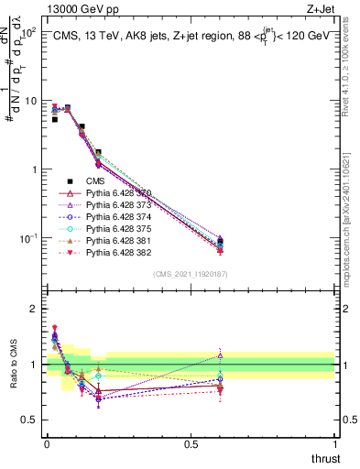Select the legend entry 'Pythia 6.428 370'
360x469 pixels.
click(118, 193)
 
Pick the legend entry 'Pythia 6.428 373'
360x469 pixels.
click(118, 207)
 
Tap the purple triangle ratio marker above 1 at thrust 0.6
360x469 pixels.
click(220, 355)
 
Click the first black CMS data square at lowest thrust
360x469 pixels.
click(54, 119)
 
